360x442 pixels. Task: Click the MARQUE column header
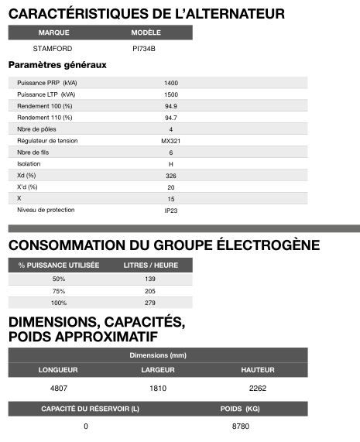[53, 33]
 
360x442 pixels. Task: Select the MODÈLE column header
[146, 33]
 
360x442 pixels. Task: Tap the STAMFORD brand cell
[53, 48]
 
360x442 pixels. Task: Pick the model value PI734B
[145, 48]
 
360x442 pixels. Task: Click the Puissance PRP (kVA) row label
[46, 83]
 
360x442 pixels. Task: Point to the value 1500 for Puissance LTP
[171, 94]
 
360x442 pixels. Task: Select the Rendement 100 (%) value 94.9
[171, 106]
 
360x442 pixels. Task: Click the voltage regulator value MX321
[171, 141]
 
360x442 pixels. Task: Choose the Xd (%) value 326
[171, 176]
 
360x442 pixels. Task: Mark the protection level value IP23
[171, 211]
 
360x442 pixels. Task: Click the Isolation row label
[29, 164]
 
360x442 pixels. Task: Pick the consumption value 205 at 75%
[150, 291]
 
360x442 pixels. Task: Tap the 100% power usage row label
[59, 303]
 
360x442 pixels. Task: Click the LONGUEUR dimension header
[58, 370]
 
